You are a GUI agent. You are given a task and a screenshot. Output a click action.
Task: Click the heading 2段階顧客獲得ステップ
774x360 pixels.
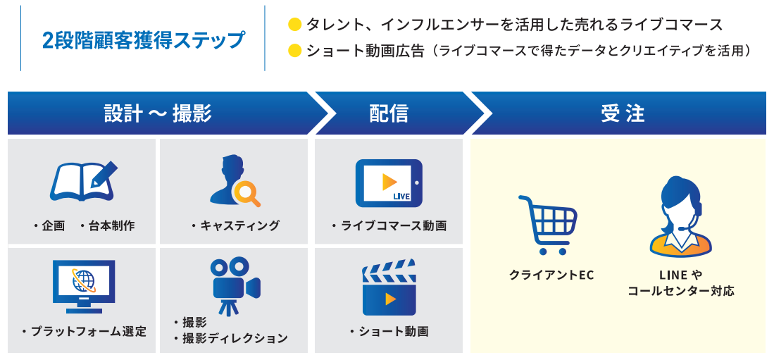tap(144, 39)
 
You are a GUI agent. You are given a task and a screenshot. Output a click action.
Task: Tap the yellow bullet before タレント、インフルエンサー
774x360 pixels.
tap(295, 25)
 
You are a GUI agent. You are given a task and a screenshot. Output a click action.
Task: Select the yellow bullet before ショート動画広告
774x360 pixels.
tap(295, 51)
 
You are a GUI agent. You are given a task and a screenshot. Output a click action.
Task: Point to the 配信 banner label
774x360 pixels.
tap(389, 113)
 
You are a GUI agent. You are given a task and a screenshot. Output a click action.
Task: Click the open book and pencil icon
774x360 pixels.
tap(83, 182)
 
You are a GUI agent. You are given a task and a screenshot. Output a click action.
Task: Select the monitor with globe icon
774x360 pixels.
tap(84, 285)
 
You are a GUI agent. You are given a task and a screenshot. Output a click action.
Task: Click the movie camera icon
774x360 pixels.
tap(234, 285)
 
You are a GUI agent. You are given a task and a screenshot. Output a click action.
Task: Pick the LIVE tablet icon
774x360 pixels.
tap(389, 182)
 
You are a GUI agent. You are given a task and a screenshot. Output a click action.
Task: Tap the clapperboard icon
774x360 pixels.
tap(389, 289)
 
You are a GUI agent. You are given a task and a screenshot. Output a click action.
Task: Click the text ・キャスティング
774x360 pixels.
tap(235, 225)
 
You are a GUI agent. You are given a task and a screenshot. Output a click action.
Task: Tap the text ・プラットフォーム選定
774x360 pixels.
tap(84, 331)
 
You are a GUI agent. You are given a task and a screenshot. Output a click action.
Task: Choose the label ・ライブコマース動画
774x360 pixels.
tap(389, 226)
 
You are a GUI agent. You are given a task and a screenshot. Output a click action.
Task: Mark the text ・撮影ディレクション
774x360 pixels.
tap(230, 338)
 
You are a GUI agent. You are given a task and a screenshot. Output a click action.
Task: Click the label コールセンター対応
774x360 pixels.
tap(680, 290)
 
